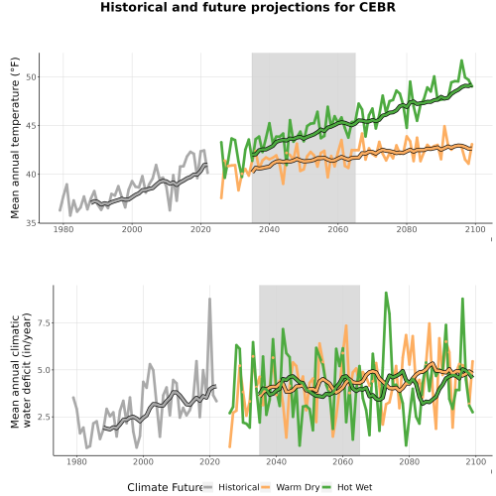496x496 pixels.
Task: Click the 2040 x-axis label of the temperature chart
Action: pyautogui.click(x=269, y=229)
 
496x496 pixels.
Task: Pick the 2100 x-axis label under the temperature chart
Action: pyautogui.click(x=475, y=229)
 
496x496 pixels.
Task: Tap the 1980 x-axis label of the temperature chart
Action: pyautogui.click(x=63, y=229)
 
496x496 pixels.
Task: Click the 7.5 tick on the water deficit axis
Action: pyautogui.click(x=44, y=323)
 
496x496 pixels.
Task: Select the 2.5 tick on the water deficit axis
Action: pyautogui.click(x=44, y=417)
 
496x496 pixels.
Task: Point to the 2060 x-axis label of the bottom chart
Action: pyautogui.click(x=343, y=461)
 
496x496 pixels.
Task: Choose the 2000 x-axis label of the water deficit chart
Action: pyautogui.click(x=143, y=461)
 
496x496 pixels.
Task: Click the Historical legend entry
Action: pyautogui.click(x=231, y=487)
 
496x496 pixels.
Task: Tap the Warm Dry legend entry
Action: pyautogui.click(x=291, y=487)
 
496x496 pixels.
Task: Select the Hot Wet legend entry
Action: pyautogui.click(x=347, y=487)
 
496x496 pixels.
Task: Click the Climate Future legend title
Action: pyautogui.click(x=165, y=487)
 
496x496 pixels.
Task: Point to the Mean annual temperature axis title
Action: pyautogui.click(x=15, y=138)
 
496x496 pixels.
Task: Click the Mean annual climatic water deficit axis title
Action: pyautogui.click(x=21, y=370)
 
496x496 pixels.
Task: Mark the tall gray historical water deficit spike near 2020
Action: pyautogui.click(x=209, y=299)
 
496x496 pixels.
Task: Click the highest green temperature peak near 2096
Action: pyautogui.click(x=461, y=61)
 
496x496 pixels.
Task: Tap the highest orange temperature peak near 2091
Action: pyautogui.click(x=444, y=127)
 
